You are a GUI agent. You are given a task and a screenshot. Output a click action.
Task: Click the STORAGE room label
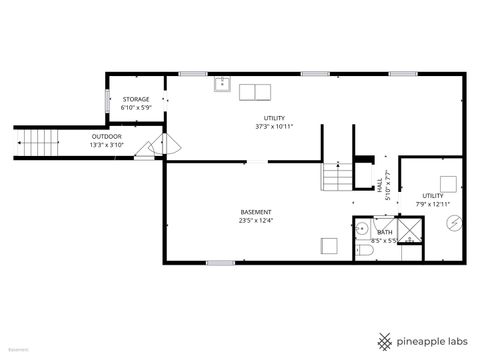click(136, 100)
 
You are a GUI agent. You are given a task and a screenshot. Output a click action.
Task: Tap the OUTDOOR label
click(107, 137)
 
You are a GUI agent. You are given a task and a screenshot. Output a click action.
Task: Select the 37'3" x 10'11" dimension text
click(274, 127)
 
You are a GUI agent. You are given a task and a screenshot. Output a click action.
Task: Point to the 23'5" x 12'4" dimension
click(256, 221)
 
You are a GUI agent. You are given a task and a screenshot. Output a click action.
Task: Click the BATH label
click(385, 232)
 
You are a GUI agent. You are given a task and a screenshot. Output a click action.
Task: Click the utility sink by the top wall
click(222, 85)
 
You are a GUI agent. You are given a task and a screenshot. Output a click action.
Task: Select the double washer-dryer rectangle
click(255, 93)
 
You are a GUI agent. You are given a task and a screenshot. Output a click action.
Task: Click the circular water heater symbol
click(455, 222)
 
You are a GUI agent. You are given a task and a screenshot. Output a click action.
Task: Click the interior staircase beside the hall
click(337, 178)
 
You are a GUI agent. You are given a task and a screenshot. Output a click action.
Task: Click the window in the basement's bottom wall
click(220, 263)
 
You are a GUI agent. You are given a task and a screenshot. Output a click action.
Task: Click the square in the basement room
click(329, 245)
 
